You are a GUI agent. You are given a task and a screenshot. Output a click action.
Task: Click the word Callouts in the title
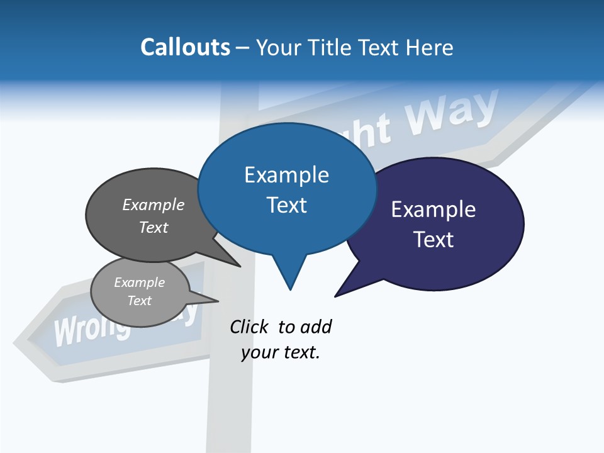[185, 47]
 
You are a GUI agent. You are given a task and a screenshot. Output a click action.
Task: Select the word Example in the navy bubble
[433, 210]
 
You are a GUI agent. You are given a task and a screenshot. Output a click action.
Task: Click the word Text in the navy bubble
[433, 240]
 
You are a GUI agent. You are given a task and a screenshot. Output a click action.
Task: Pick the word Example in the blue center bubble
[286, 175]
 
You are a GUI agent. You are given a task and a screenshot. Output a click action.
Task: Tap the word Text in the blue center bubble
[286, 205]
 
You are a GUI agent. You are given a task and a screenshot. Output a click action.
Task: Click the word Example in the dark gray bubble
[154, 205]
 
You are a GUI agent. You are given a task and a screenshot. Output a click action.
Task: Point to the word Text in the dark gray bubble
[154, 228]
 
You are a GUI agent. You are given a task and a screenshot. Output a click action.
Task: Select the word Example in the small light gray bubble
[140, 282]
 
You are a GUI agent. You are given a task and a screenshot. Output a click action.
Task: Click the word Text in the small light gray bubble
[140, 301]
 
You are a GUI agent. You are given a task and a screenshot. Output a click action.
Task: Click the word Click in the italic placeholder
[249, 327]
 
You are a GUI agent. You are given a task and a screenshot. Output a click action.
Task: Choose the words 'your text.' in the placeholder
[281, 353]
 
